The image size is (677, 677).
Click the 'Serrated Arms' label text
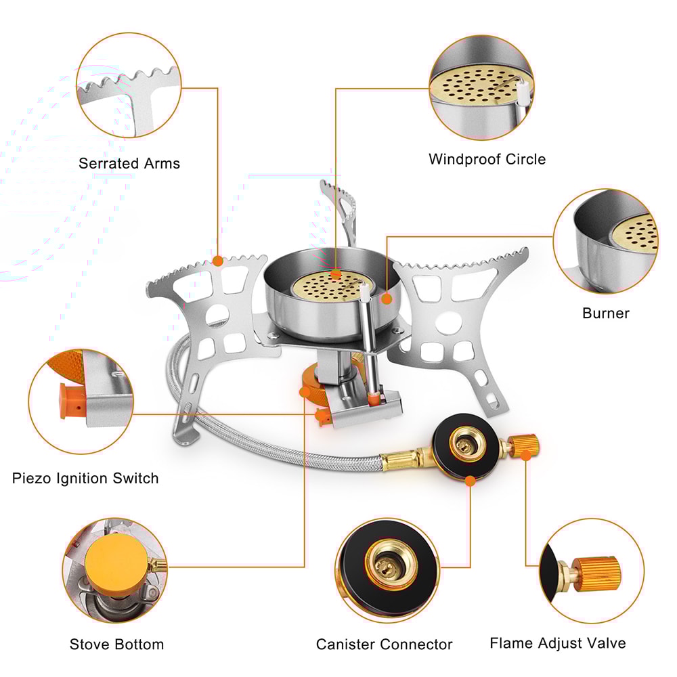129,163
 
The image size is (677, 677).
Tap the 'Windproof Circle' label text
487,159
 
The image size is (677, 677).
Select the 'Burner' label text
605,313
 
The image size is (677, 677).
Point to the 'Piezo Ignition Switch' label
85,478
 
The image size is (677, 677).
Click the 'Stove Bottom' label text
116,644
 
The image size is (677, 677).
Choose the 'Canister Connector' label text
384,644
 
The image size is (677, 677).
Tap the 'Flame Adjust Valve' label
557,642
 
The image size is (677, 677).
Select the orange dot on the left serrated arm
217,261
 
